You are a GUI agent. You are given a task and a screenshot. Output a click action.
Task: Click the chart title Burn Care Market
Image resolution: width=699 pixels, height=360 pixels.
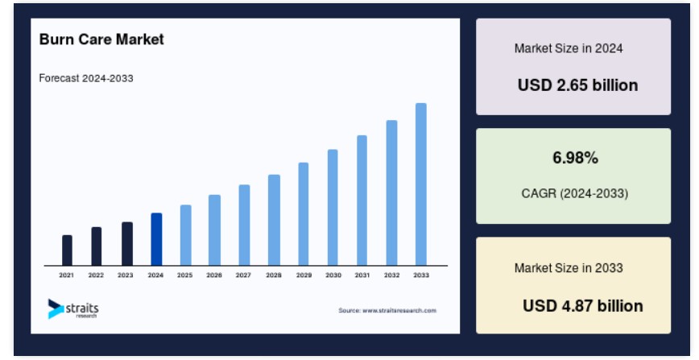tap(101, 39)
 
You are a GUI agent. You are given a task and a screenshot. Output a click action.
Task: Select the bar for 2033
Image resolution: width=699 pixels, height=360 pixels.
tap(421, 184)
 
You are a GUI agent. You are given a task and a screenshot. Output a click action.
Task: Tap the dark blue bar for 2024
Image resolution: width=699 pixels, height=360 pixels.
tap(156, 239)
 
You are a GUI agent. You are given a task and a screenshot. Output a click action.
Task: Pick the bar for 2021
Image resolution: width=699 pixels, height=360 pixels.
tap(67, 250)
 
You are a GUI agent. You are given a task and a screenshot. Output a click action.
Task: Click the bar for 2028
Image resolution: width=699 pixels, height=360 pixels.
tap(274, 220)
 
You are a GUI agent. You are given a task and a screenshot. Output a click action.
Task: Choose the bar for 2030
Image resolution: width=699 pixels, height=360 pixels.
tap(333, 208)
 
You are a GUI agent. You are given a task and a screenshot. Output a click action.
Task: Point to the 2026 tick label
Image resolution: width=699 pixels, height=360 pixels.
tap(214, 275)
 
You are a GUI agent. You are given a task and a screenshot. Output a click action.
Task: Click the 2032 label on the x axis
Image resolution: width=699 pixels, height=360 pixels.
tap(392, 275)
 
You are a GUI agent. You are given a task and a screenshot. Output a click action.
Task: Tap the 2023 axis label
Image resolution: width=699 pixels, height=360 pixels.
tap(126, 275)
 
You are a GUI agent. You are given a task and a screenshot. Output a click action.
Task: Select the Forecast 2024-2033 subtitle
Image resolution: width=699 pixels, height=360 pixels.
tap(86, 78)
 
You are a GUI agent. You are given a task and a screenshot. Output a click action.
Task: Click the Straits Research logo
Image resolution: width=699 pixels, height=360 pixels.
tap(73, 308)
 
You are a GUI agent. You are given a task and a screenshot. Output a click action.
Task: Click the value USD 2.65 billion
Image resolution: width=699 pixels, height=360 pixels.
tap(577, 85)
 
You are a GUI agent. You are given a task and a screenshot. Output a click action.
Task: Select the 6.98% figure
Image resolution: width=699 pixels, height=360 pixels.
tap(576, 158)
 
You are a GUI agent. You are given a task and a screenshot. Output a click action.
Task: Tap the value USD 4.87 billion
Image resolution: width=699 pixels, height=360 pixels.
tap(583, 305)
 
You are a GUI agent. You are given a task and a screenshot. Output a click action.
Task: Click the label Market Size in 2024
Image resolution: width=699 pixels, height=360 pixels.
tap(569, 48)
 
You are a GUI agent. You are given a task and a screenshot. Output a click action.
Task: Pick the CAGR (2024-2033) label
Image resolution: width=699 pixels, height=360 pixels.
tap(575, 193)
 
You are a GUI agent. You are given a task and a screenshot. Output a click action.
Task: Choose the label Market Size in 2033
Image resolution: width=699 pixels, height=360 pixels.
tap(569, 267)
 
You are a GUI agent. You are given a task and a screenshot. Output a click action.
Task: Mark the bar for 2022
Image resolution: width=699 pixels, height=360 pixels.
tap(97, 246)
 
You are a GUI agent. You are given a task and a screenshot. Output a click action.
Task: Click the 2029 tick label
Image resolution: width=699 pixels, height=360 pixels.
tap(304, 275)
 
